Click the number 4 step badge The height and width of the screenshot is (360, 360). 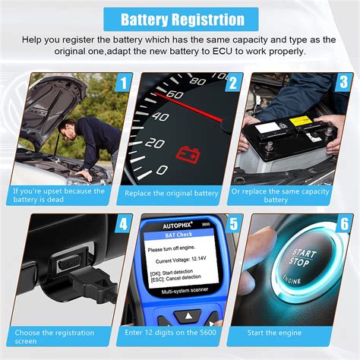pyautogui.click(x=122, y=224)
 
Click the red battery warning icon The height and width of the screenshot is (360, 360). pyautogui.click(x=186, y=155)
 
